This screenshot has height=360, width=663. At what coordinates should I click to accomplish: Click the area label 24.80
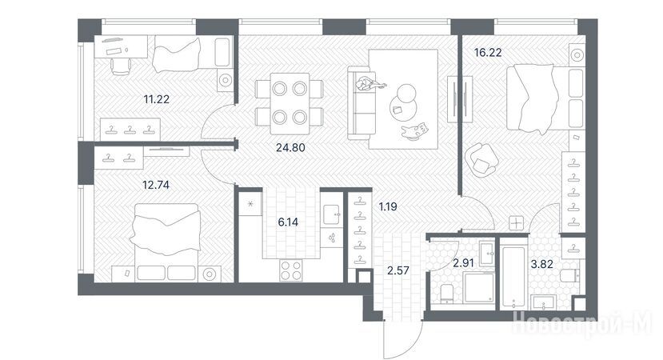coord(290,148)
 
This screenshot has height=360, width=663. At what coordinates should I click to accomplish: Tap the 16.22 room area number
coord(488,53)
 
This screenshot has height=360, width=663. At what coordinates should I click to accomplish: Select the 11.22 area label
coord(157,99)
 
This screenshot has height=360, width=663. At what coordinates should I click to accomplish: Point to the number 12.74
coord(156,185)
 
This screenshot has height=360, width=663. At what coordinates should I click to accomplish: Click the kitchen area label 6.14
coord(288,222)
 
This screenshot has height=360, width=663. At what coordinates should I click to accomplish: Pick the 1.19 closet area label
coord(388,207)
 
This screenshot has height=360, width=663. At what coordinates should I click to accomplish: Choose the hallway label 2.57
coord(398,270)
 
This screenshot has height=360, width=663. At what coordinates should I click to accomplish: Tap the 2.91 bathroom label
coord(463,263)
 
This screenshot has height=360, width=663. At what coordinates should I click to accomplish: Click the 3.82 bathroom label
coord(541,264)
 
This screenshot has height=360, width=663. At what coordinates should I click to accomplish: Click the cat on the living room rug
coord(415,130)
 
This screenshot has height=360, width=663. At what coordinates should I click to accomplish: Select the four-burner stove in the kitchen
coord(291,270)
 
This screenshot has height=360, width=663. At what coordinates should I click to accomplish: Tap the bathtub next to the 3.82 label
coord(513,274)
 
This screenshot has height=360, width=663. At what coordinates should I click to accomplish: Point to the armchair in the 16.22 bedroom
coord(481,160)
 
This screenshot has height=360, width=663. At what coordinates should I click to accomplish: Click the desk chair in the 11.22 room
coord(121,66)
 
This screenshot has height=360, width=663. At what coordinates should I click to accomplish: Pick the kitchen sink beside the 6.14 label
coord(331,214)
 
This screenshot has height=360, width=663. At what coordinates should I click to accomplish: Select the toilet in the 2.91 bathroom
coord(446,294)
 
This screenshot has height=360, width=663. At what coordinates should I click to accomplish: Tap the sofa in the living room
coord(362,102)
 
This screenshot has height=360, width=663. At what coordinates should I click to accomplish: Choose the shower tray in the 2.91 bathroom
coord(478,288)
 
